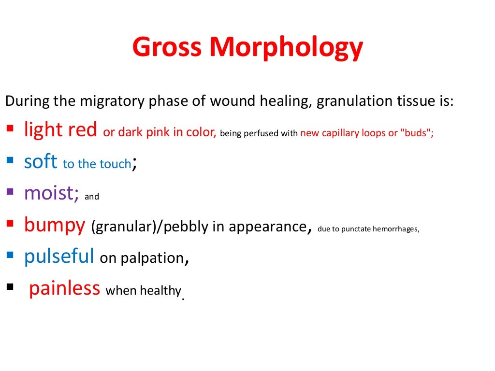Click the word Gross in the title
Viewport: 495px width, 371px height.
tap(167, 47)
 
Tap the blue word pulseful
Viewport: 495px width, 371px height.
tap(58, 256)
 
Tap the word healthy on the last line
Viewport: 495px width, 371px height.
tap(160, 290)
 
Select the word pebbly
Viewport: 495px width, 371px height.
tap(182, 227)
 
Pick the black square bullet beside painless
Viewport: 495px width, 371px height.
tap(10, 286)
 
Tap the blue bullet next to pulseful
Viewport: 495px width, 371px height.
tap(10, 254)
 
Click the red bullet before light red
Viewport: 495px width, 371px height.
tap(10, 128)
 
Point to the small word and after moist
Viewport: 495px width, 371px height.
tap(91, 197)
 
